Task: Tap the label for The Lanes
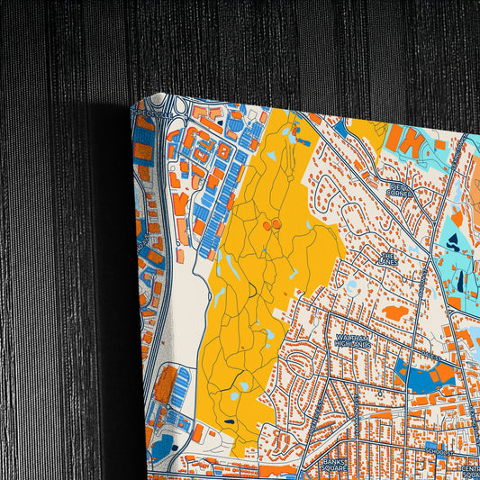point(386,258)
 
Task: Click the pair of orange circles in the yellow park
point(272,223)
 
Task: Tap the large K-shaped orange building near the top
point(407,139)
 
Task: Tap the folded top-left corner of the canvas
point(138,105)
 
